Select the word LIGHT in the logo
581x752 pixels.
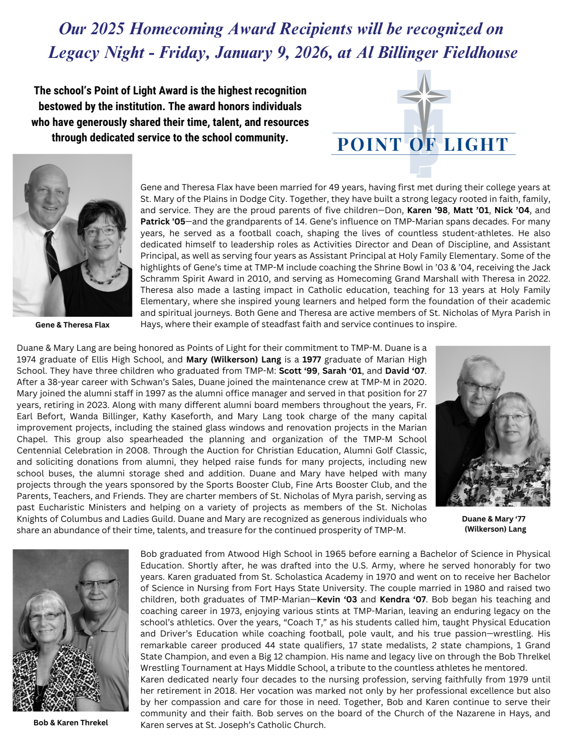tap(476, 145)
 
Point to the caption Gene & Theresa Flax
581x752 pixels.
tap(72, 325)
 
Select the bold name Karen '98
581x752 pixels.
tap(427, 210)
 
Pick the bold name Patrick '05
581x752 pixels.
tap(163, 221)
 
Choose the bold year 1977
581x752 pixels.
tap(312, 359)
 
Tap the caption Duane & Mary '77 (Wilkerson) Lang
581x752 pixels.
tap(494, 524)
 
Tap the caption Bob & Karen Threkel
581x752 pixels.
tap(71, 723)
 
